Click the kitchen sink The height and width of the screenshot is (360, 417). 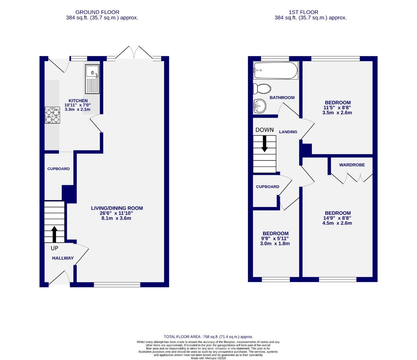(92, 79)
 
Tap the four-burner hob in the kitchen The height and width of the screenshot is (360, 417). (52, 115)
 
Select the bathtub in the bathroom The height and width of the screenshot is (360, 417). (275, 70)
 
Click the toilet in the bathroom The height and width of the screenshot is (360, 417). (262, 89)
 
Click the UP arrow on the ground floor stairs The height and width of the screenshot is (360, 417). (54, 234)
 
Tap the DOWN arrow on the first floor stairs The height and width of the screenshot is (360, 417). (265, 144)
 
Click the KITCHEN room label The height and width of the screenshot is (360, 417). (78, 101)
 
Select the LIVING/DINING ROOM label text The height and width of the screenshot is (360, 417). (117, 208)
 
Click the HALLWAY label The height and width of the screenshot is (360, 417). (63, 258)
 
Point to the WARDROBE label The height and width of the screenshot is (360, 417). (352, 165)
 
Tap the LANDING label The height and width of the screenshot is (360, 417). (288, 132)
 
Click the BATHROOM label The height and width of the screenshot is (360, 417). (282, 98)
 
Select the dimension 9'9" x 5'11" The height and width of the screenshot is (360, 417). (275, 238)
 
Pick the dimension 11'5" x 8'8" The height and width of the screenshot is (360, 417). (337, 108)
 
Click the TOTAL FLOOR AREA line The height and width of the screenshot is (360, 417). (208, 337)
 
